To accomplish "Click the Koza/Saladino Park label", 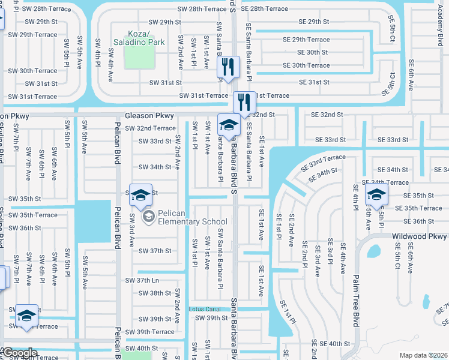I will [140, 38].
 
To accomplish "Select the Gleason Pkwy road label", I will [149, 116].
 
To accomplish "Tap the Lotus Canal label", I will [205, 309].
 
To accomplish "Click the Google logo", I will [19, 353].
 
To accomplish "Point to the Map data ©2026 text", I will [424, 355].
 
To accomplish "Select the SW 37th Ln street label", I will [142, 280].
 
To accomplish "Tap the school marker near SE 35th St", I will [376, 195].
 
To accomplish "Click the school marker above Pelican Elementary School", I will [140, 195].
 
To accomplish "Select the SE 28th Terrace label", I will [264, 9].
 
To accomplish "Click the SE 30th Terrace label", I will [306, 65].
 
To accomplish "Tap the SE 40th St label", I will [334, 344].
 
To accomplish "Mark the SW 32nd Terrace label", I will [148, 128].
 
